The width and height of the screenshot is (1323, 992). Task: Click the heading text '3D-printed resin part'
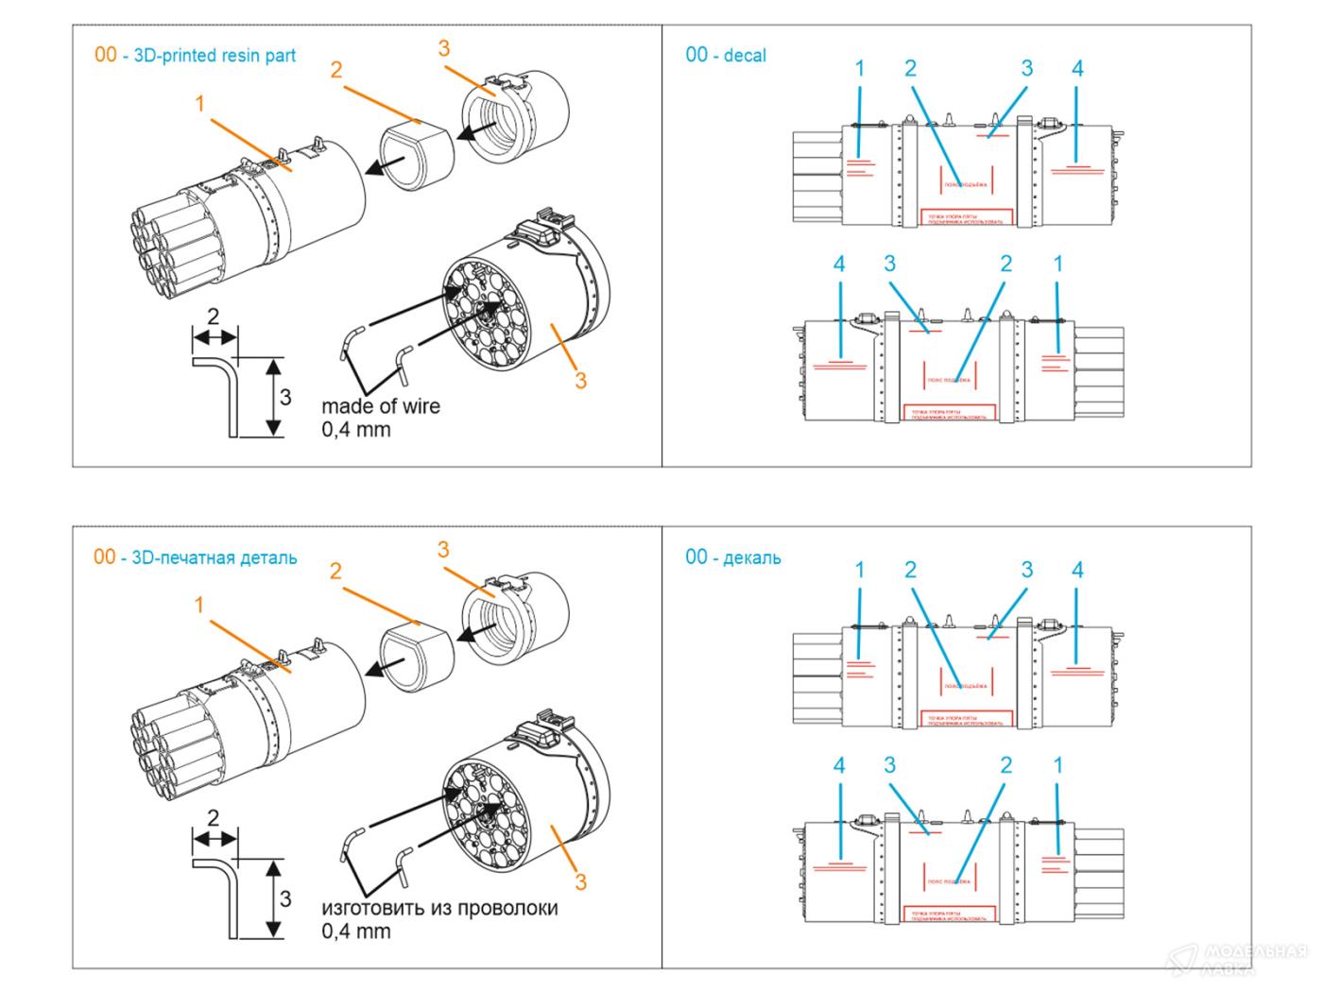215,56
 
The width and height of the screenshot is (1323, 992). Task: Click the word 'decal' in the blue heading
745,56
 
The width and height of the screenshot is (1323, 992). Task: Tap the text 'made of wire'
380,406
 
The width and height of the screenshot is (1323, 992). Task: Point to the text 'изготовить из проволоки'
439,908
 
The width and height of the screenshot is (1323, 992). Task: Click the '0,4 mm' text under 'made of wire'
355,430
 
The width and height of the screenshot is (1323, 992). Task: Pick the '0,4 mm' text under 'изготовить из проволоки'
355,932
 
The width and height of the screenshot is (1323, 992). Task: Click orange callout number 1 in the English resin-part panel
200,103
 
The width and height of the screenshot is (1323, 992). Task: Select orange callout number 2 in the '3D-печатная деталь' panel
335,572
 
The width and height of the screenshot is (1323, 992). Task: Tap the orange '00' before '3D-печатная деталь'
105,557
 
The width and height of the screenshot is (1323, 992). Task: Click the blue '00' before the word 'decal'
696,56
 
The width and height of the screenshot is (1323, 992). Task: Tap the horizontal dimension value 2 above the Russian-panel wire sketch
214,818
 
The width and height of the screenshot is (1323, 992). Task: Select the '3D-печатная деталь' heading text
215,557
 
